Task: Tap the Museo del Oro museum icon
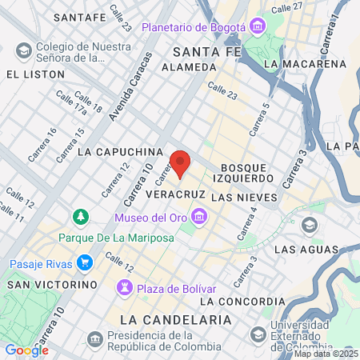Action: [199, 217]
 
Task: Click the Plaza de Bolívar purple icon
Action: [125, 288]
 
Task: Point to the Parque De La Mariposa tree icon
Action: [81, 217]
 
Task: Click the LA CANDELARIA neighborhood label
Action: [174, 319]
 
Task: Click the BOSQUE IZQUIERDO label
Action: [242, 170]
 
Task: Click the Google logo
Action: [26, 350]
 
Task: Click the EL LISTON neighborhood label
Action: [34, 74]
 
